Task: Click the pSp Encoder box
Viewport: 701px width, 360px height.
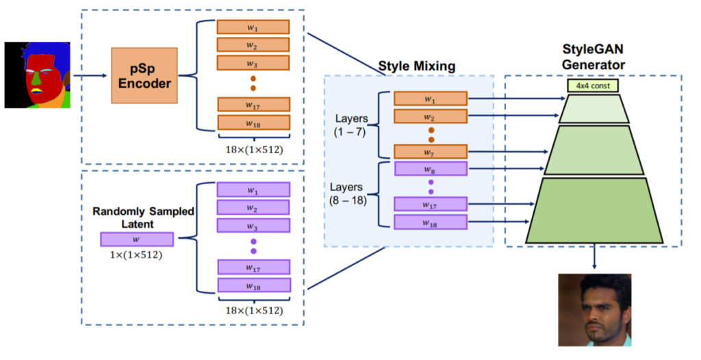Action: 144,75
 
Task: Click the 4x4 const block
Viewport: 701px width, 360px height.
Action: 593,86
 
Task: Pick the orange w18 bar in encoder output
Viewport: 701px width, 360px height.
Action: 253,123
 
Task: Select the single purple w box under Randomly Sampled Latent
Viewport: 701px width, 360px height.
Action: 136,239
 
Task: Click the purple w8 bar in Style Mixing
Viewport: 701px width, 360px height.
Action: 430,168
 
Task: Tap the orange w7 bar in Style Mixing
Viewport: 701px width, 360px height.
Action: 430,151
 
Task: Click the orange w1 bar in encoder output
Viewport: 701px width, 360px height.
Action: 253,27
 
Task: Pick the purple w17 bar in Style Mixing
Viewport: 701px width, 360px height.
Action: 430,203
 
